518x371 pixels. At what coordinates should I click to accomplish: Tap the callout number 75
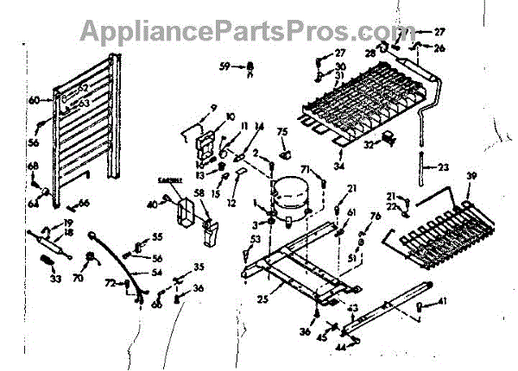(x=282, y=131)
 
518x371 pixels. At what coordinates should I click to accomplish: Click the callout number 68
(x=34, y=167)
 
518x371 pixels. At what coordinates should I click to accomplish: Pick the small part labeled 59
(x=249, y=66)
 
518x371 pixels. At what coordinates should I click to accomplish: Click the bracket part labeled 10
(x=207, y=138)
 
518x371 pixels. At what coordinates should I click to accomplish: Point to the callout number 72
(x=110, y=283)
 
